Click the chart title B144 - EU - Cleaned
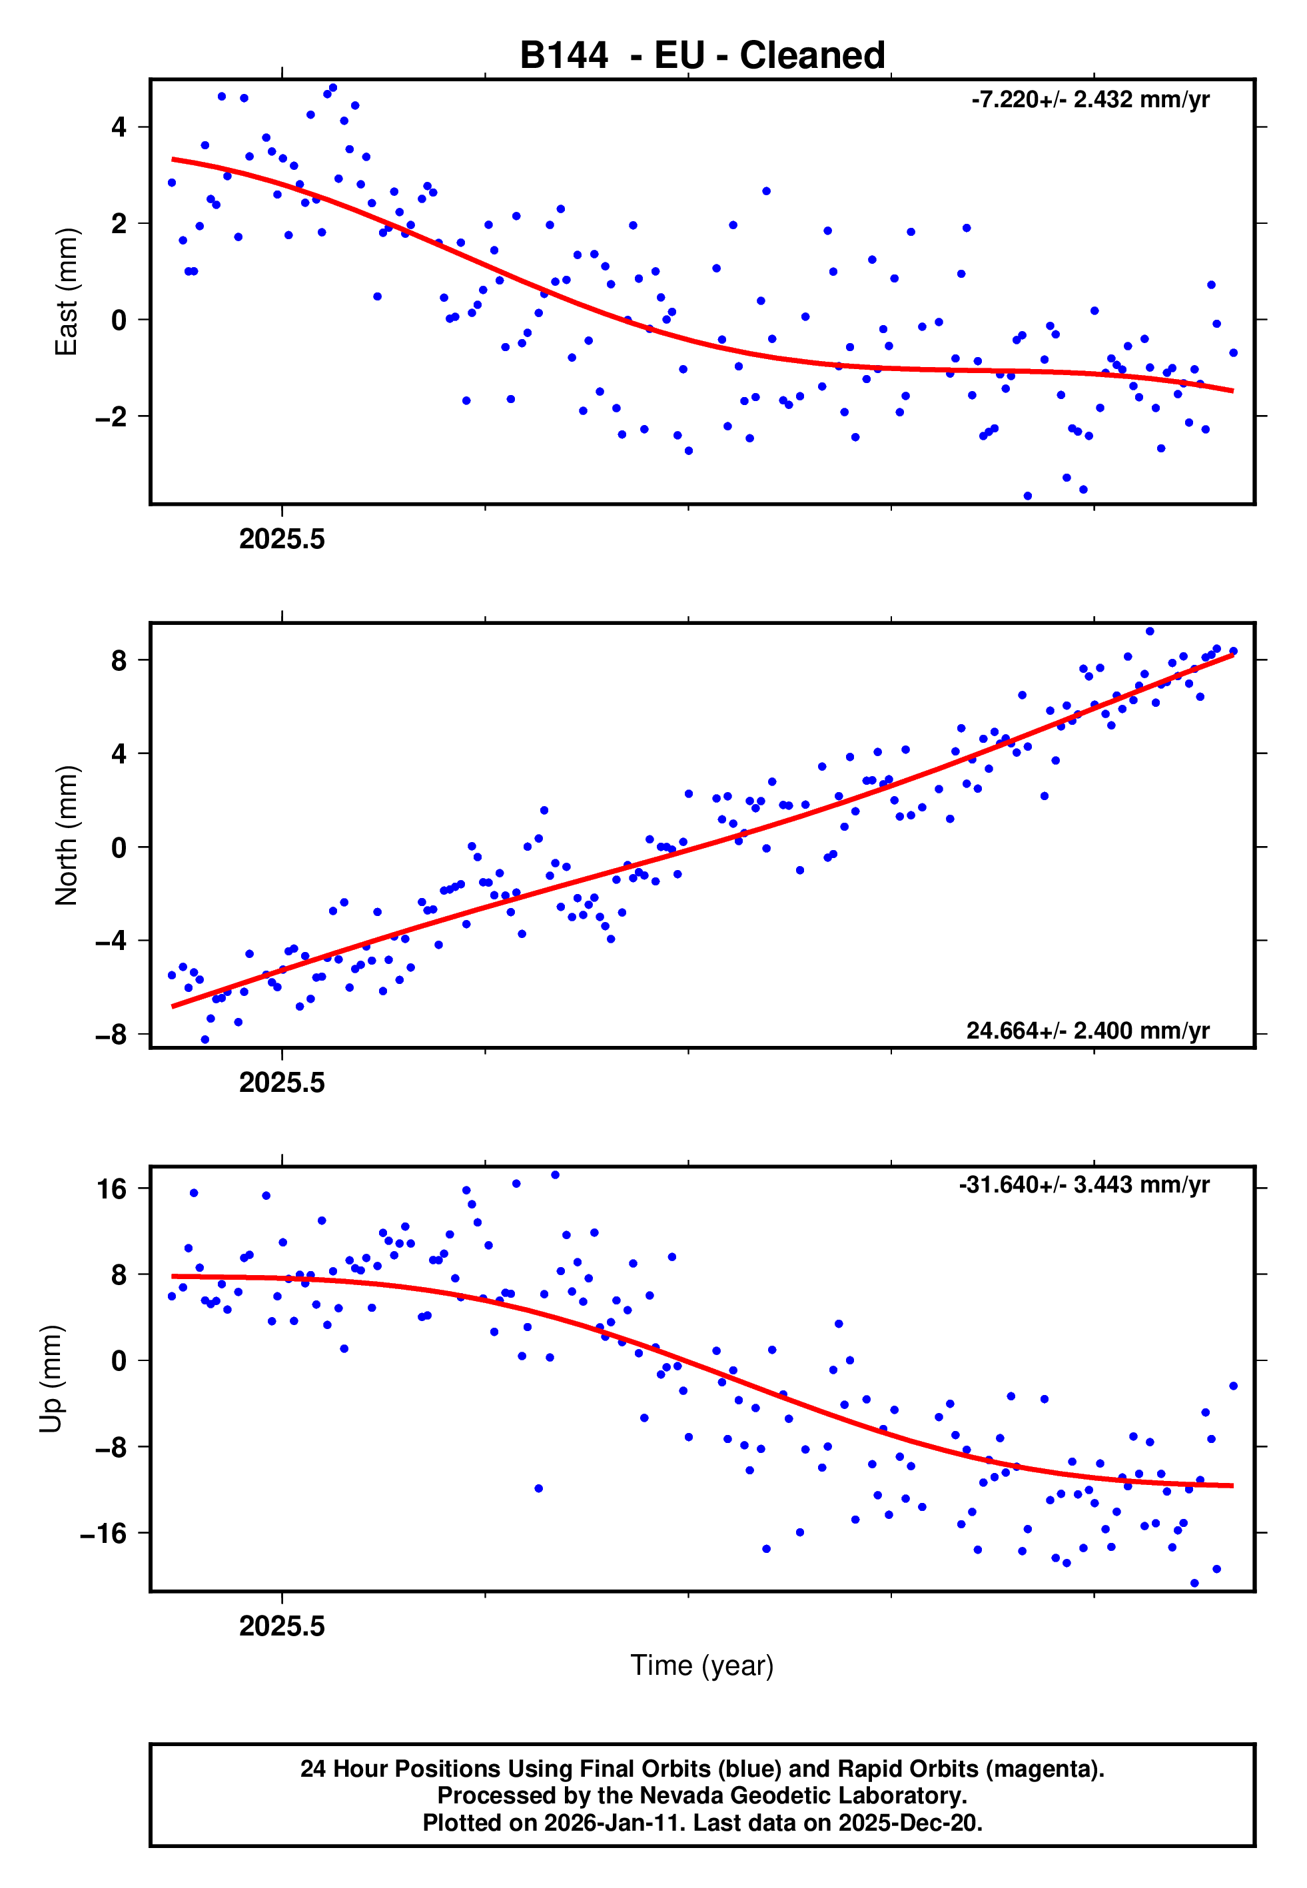pyautogui.click(x=702, y=56)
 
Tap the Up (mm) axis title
pyautogui.click(x=51, y=1379)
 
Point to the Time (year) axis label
pyautogui.click(x=702, y=1665)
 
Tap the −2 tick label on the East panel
pyautogui.click(x=111, y=417)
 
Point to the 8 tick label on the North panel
pyautogui.click(x=119, y=660)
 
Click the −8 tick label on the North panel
pyautogui.click(x=111, y=1035)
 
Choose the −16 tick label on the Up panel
pyautogui.click(x=104, y=1534)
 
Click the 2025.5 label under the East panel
pyautogui.click(x=282, y=539)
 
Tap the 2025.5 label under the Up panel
pyautogui.click(x=282, y=1626)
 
